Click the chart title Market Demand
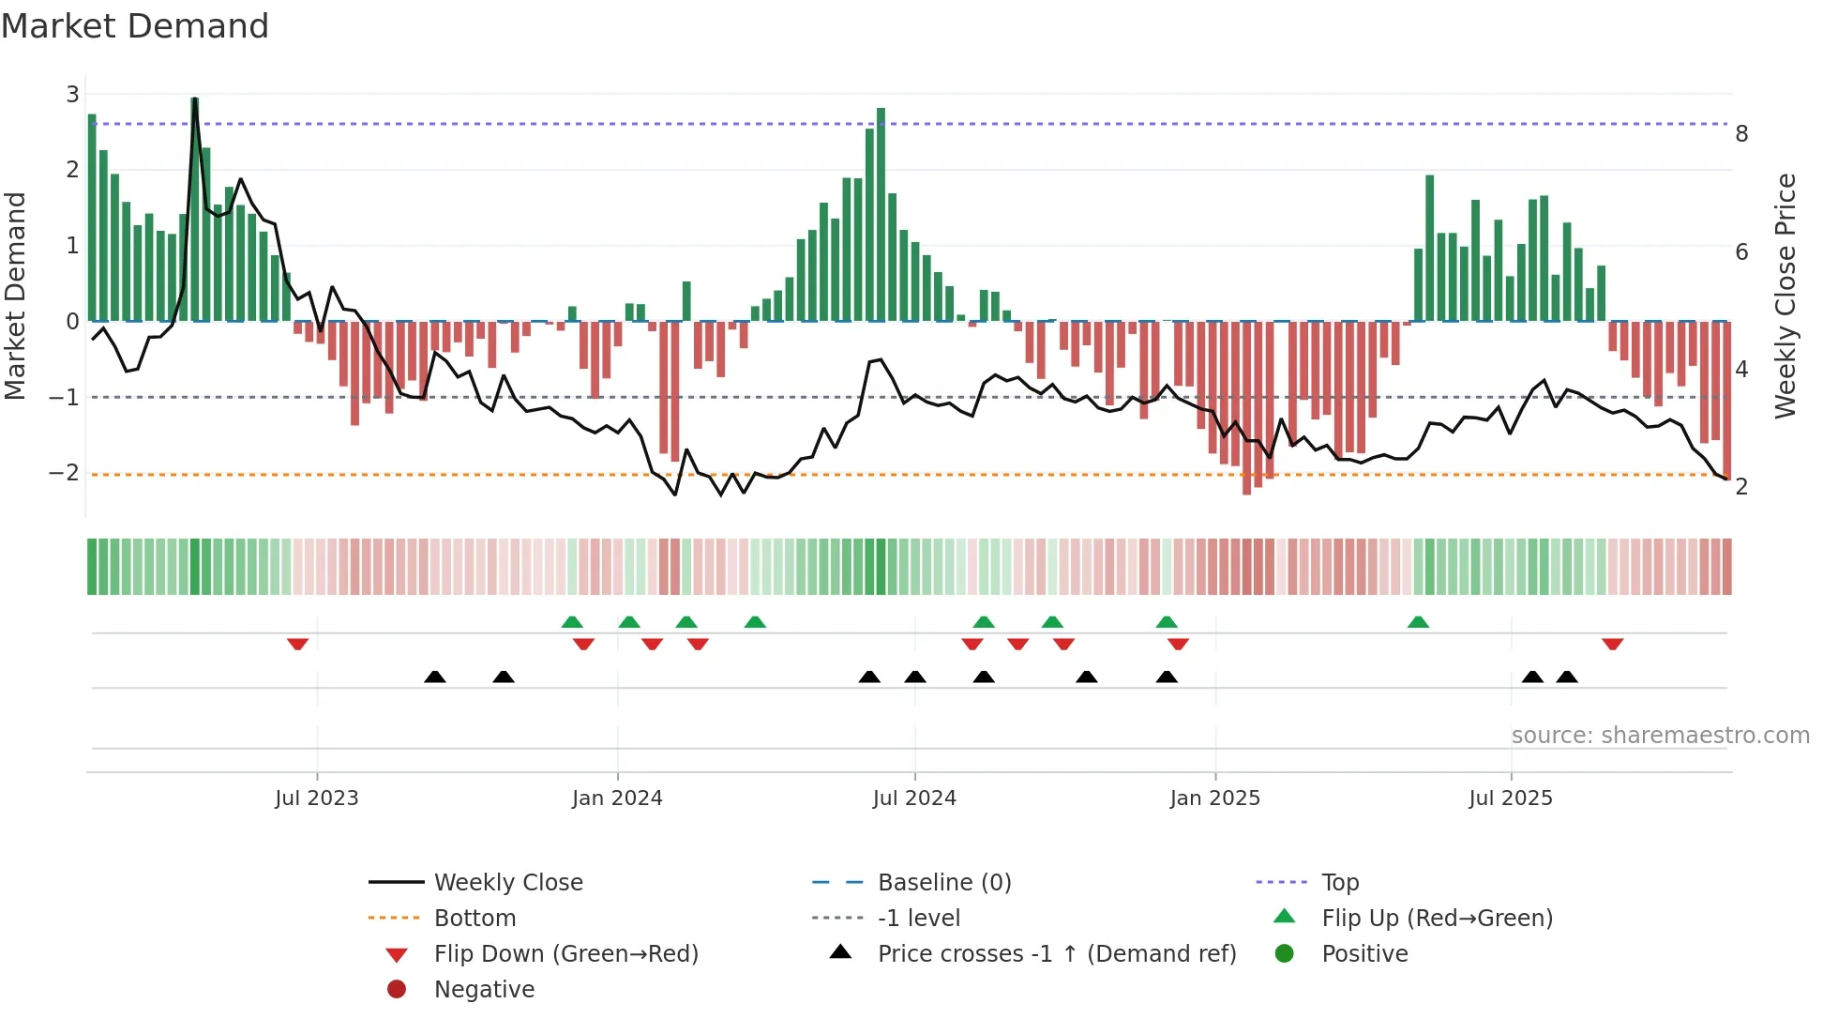click(135, 26)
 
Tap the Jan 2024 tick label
click(617, 798)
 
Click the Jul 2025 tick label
click(1510, 798)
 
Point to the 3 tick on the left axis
click(72, 94)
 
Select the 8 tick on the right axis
click(1741, 134)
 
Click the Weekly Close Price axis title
click(1785, 296)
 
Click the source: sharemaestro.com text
click(1660, 735)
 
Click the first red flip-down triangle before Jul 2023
click(297, 644)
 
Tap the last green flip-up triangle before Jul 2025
click(1418, 622)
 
